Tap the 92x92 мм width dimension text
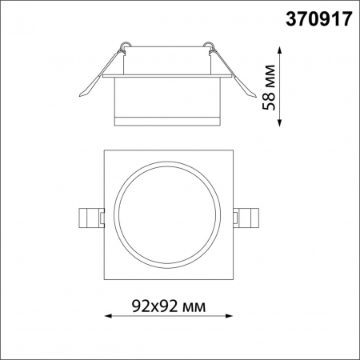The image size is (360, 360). (x=166, y=306)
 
